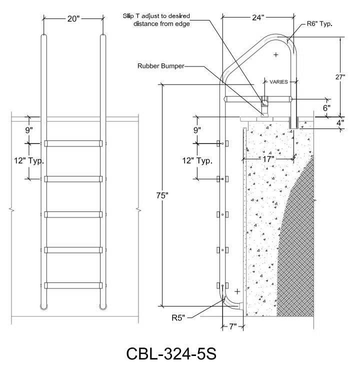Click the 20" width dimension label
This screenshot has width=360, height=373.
point(73,18)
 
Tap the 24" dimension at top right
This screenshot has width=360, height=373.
point(258,17)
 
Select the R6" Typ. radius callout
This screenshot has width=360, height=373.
point(319,24)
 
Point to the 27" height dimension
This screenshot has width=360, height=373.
point(340,77)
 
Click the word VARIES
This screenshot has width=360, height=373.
point(278,82)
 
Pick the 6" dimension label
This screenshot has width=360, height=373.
point(326,108)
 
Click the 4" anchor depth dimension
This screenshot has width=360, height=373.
point(340,122)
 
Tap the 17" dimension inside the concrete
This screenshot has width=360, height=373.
point(268,159)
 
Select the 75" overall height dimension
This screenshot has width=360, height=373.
point(162,195)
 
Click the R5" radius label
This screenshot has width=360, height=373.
point(178,318)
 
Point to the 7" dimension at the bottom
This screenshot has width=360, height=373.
point(233,326)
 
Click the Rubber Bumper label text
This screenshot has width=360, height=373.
point(161,66)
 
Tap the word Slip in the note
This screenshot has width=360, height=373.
point(128,16)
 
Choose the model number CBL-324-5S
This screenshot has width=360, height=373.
point(171,353)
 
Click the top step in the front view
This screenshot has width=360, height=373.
point(73,143)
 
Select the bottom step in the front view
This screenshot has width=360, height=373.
point(73,285)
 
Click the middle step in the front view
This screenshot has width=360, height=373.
point(73,214)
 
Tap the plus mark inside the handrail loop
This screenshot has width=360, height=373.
point(276,54)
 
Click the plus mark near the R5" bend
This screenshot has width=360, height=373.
point(237,291)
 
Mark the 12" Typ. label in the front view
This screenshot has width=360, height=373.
point(29,160)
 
